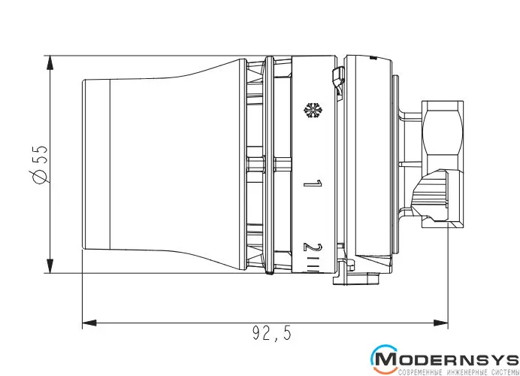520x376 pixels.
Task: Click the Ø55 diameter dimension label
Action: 40,164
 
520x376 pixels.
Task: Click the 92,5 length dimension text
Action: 271,333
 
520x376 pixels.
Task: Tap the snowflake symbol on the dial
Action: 313,111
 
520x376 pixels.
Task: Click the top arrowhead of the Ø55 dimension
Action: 50,62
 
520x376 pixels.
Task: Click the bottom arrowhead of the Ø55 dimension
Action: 50,266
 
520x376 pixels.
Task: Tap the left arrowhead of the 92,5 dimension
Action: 89,323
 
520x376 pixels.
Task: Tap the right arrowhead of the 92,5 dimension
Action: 441,323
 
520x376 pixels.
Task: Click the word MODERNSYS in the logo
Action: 447,359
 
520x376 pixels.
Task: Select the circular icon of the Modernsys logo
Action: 385,359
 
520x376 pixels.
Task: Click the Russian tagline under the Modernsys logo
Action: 458,371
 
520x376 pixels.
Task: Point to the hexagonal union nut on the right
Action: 443,164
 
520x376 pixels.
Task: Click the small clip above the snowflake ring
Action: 337,80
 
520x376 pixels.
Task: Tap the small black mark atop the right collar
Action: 373,58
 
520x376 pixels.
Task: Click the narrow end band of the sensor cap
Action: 96,164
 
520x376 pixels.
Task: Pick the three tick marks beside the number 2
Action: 313,268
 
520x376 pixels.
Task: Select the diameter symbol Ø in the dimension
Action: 40,175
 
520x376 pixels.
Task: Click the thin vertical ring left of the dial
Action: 269,165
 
